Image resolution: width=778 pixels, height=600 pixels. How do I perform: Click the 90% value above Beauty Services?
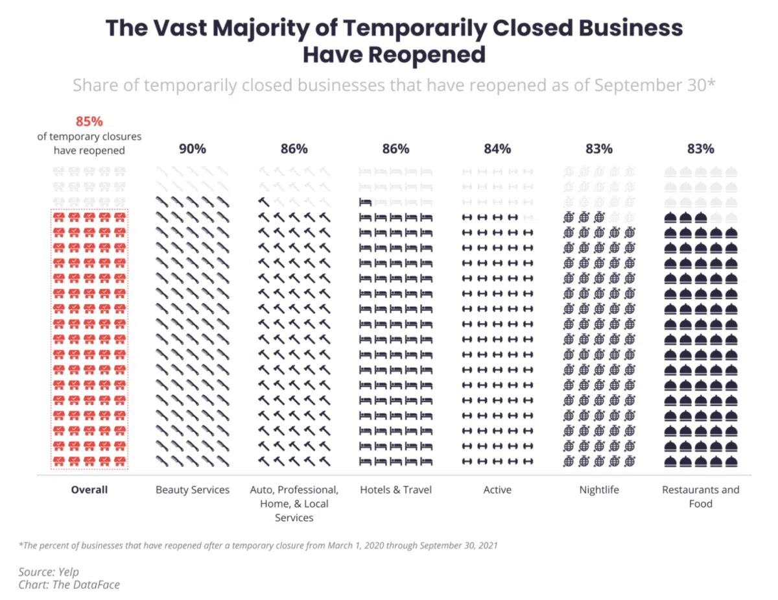[193, 149]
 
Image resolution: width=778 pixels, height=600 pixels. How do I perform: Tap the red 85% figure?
[89, 121]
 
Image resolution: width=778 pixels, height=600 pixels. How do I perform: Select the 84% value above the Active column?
[497, 149]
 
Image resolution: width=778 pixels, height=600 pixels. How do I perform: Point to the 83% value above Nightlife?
[598, 149]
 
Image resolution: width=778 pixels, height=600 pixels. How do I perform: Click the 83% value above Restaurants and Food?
[700, 149]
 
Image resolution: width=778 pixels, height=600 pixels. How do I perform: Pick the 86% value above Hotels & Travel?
[395, 149]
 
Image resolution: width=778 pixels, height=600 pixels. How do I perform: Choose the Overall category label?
[89, 490]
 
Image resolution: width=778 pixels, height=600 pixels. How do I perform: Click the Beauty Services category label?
[193, 490]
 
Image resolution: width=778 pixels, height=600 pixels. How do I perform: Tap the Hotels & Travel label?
[395, 490]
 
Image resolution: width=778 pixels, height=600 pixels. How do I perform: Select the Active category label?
[497, 490]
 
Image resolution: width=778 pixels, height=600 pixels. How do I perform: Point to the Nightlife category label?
[598, 490]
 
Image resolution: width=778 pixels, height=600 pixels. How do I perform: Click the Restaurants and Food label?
[700, 496]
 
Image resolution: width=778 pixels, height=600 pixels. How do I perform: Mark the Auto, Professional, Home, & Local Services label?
[294, 503]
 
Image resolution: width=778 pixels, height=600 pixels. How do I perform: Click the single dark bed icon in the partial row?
[365, 202]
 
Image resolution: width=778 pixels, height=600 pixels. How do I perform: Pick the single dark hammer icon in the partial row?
[264, 202]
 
